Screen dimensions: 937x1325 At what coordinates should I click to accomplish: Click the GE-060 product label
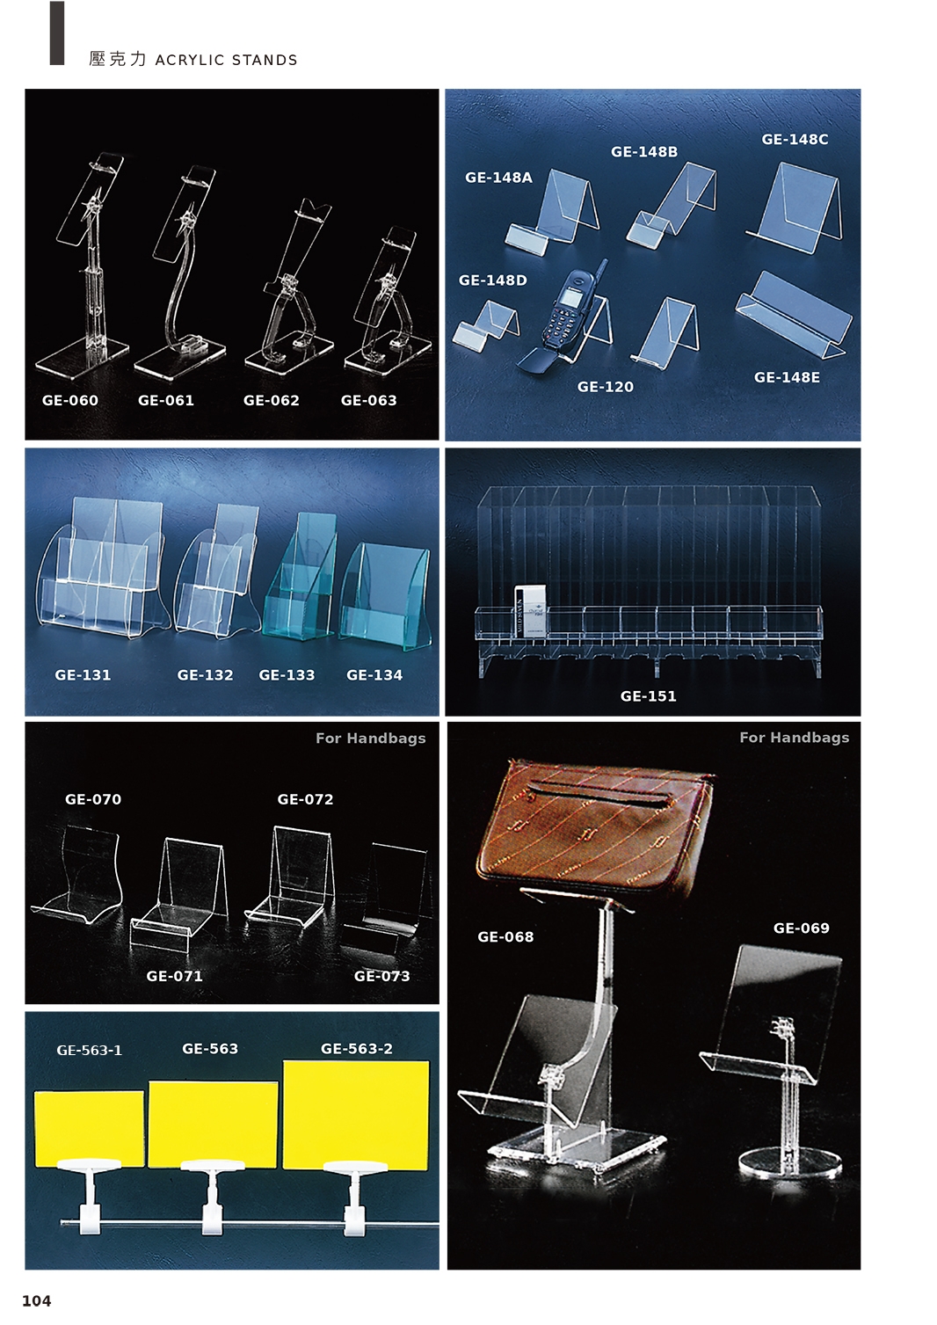69,400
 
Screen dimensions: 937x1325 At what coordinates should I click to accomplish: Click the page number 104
37,1300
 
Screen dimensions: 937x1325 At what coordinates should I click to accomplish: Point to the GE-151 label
649,696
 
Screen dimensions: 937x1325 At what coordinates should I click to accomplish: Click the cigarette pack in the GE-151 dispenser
530,611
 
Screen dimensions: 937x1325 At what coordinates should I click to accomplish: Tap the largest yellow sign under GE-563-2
356,1116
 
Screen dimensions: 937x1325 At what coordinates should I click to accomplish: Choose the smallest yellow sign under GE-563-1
90,1129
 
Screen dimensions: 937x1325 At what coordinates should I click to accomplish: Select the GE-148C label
795,140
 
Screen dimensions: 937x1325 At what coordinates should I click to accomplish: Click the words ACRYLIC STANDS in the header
226,61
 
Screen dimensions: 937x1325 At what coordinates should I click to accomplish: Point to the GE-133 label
287,675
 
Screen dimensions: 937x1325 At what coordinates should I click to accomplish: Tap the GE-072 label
305,799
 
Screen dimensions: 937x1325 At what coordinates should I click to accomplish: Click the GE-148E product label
787,377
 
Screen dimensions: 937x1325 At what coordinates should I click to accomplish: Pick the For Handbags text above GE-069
794,737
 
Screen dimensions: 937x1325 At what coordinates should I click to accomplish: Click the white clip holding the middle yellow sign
213,1196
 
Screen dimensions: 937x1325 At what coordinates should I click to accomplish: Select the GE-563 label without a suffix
210,1049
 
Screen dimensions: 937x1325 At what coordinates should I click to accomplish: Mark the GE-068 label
505,937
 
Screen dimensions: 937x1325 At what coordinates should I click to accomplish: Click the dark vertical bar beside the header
57,33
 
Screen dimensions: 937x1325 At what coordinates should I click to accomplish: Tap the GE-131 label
83,675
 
